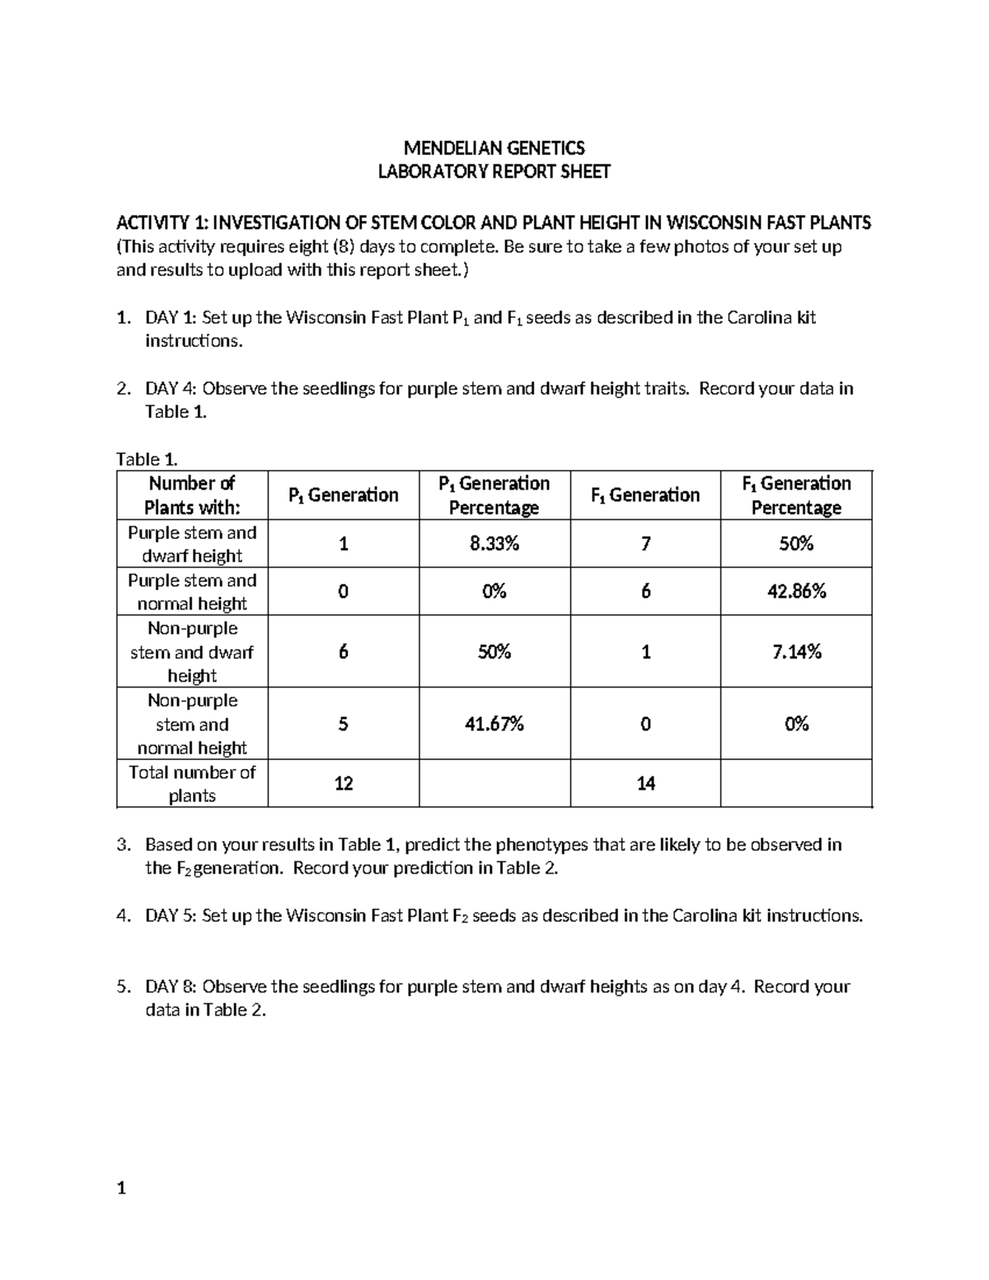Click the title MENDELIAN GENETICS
click(494, 148)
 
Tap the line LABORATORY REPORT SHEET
click(494, 172)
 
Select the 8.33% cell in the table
click(494, 544)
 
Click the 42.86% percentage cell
click(796, 591)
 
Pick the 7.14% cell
click(796, 652)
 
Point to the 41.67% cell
click(494, 724)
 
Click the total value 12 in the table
click(344, 783)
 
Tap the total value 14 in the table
click(645, 783)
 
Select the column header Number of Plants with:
click(192, 495)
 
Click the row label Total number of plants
click(192, 784)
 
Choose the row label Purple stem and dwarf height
click(192, 544)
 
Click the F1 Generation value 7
click(645, 544)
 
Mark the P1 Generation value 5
click(344, 724)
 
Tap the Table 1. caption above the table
click(147, 459)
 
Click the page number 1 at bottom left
click(121, 1188)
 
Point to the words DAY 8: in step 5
click(171, 987)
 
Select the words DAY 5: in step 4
click(171, 916)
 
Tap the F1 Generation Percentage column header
click(796, 495)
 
